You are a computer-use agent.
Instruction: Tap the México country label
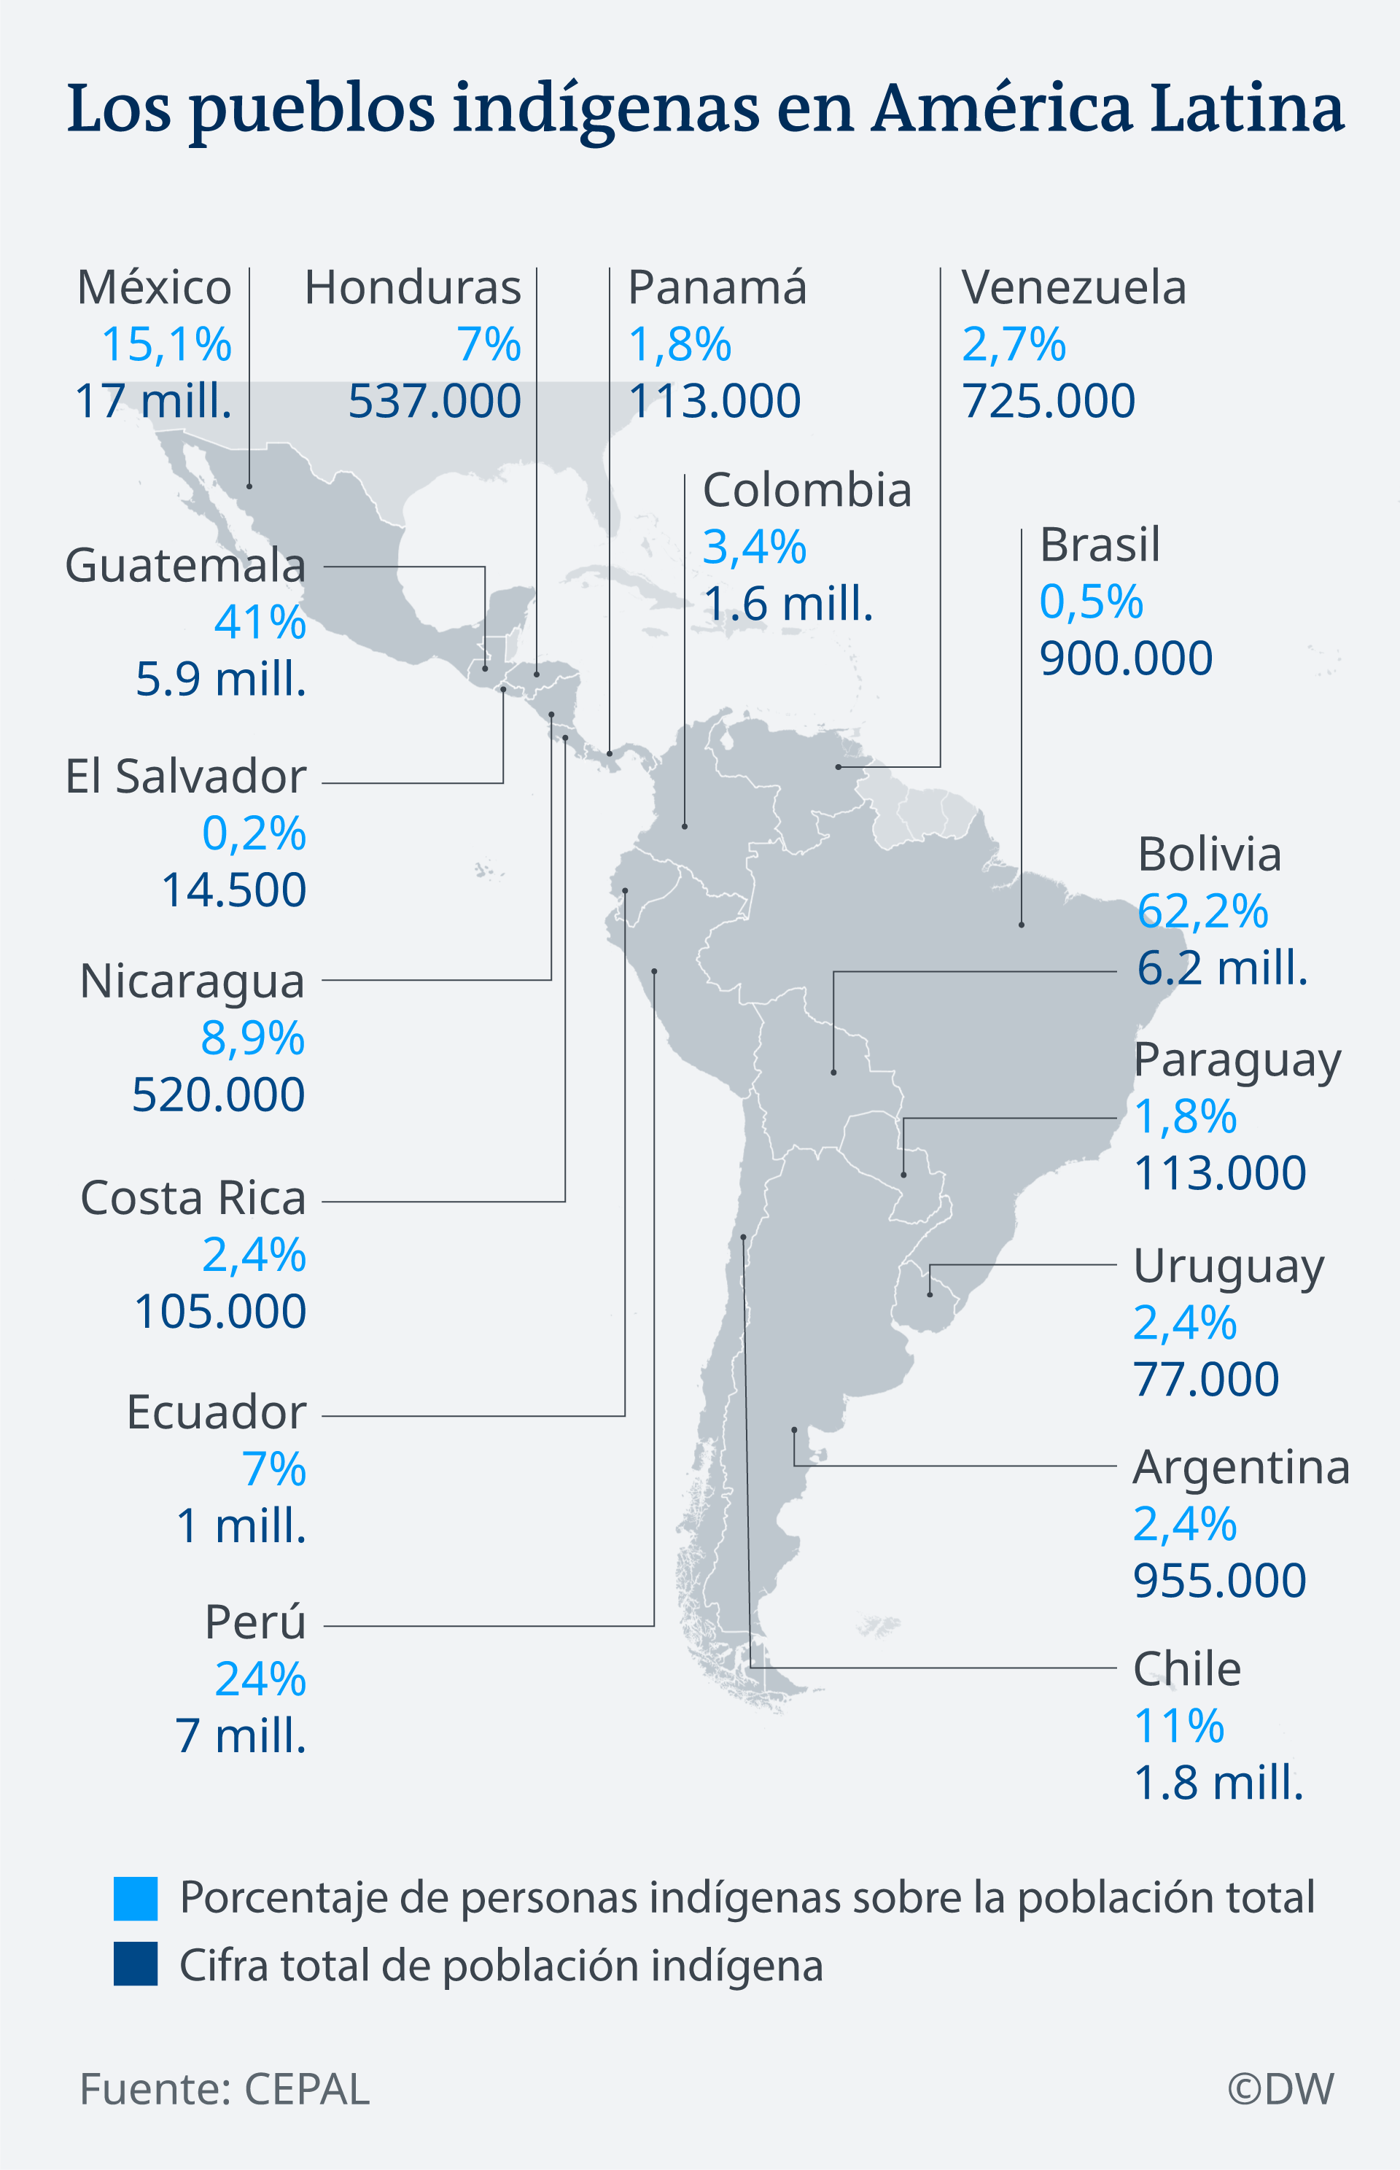click(x=155, y=288)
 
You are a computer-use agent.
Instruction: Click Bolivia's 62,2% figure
click(x=1202, y=911)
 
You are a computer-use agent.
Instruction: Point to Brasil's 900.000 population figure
click(x=1125, y=658)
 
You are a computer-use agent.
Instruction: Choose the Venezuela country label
click(x=1073, y=288)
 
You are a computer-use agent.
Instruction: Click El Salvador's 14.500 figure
click(x=233, y=890)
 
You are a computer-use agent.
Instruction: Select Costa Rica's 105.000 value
click(x=220, y=1312)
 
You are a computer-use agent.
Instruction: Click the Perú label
click(x=255, y=1622)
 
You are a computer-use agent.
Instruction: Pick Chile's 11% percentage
click(x=1179, y=1727)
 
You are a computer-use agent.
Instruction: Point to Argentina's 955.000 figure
click(x=1219, y=1581)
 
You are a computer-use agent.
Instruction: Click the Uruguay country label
click(x=1228, y=1267)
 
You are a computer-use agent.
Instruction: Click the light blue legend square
click(x=136, y=1898)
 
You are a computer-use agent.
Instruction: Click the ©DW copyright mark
click(x=1280, y=2089)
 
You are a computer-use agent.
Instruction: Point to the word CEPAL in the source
click(x=306, y=2089)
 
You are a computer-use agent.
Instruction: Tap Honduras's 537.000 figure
click(x=435, y=402)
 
